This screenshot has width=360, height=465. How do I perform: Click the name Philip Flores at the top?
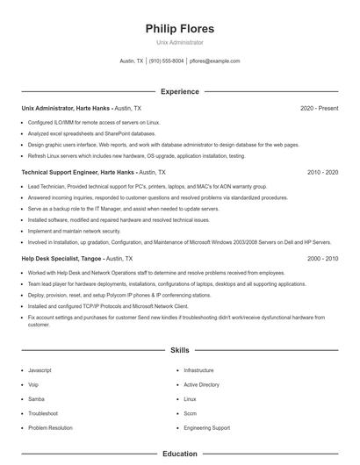point(179,28)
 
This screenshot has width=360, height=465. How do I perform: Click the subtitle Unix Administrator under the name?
point(179,42)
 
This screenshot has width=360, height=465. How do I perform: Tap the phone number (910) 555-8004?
point(166,61)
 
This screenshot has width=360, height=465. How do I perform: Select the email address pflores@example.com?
point(214,61)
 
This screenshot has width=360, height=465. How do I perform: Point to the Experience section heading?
point(179,91)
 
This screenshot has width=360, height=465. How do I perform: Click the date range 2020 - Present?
point(319,108)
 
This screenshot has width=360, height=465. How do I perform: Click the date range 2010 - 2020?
point(322,173)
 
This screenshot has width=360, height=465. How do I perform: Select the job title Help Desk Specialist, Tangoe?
point(61,259)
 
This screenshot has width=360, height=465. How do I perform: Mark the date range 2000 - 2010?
point(322,259)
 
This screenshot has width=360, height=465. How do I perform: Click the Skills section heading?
point(179,350)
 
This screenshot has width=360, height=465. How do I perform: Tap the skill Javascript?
point(40,370)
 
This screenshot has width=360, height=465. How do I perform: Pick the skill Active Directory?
point(202,384)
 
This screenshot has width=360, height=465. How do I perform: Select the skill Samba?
point(37,399)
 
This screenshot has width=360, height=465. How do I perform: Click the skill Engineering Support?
point(206,427)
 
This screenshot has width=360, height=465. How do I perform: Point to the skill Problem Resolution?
point(50,427)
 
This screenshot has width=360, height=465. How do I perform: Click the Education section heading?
point(179,454)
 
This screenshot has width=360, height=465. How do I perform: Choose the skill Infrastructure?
point(198,370)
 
